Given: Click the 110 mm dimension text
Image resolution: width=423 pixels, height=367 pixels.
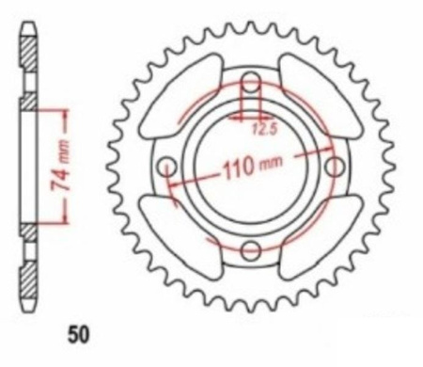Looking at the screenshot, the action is (252, 166).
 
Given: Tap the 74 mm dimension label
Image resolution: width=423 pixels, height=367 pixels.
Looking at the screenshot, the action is (60, 166).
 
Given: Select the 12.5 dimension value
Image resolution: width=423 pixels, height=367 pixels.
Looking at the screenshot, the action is (265, 129).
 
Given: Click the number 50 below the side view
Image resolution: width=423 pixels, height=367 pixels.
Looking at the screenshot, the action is (78, 335).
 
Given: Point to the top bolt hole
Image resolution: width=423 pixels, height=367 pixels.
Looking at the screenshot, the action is (251, 81).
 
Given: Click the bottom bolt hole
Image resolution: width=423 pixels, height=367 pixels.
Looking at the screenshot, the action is (251, 250).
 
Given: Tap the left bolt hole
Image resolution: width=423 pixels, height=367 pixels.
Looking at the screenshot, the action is (166, 167).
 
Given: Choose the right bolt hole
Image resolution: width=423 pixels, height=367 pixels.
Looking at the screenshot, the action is (335, 167).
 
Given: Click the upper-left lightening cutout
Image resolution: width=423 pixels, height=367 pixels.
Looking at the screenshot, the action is (181, 96).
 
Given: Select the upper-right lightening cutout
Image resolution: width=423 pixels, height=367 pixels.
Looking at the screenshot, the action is (321, 96).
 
